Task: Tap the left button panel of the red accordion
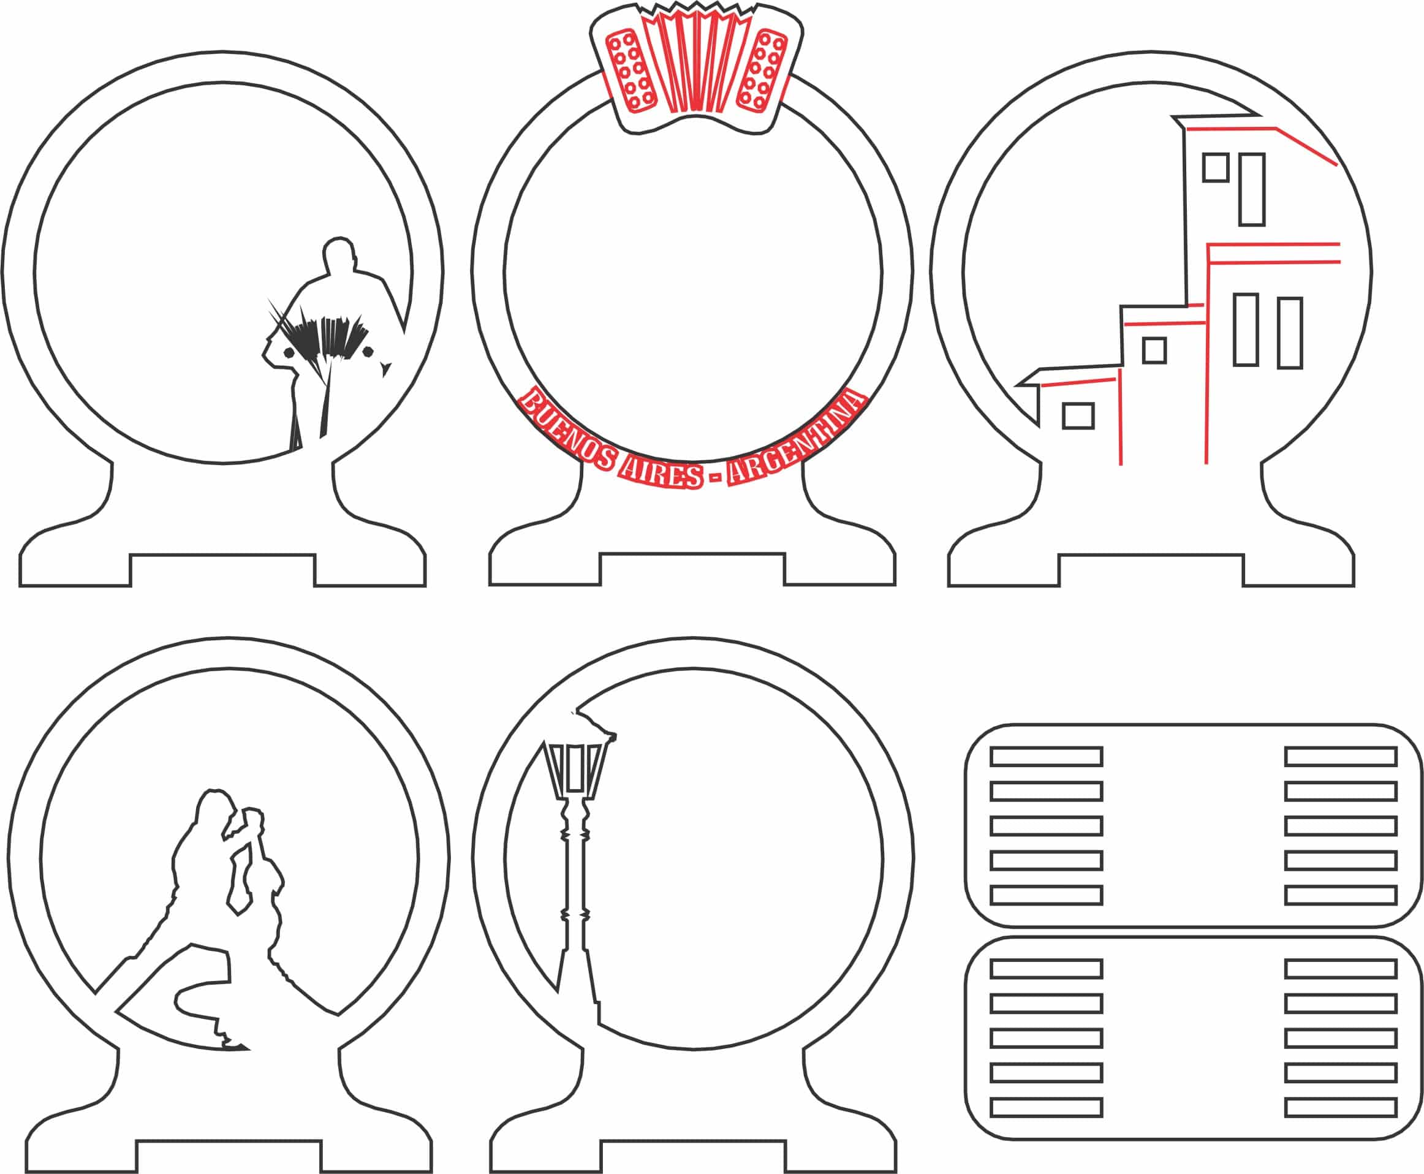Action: coord(631,70)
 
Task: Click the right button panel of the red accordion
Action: coord(762,70)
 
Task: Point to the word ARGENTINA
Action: coord(798,439)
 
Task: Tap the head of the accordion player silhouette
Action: coord(339,255)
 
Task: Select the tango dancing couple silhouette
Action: coord(223,920)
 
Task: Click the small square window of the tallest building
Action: coord(1215,168)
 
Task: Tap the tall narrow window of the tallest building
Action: coord(1252,189)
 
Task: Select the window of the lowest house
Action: coord(1078,416)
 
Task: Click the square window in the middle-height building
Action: coord(1154,350)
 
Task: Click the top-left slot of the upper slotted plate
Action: coord(1047,756)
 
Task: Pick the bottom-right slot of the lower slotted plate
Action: coord(1341,1108)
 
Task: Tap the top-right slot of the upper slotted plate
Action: coord(1341,756)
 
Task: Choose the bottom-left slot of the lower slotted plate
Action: coord(1047,1108)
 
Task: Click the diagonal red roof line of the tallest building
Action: coord(1306,146)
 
